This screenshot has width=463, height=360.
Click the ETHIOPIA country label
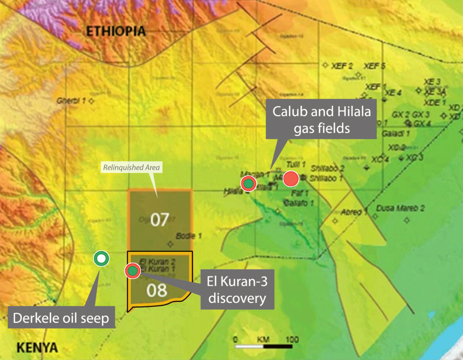coord(116,31)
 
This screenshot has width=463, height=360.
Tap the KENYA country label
coord(38,348)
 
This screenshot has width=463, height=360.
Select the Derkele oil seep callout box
coord(61,318)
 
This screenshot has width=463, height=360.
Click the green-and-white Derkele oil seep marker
coord(101,259)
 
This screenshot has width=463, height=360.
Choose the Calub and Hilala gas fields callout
coord(322,120)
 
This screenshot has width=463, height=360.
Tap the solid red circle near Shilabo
coord(291,179)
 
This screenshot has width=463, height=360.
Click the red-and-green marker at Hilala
coord(248,183)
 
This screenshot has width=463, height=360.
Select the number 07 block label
coord(160,220)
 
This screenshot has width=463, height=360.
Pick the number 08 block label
coord(157,290)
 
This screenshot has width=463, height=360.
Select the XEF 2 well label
coord(342,66)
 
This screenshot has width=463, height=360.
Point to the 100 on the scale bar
coord(292,339)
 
